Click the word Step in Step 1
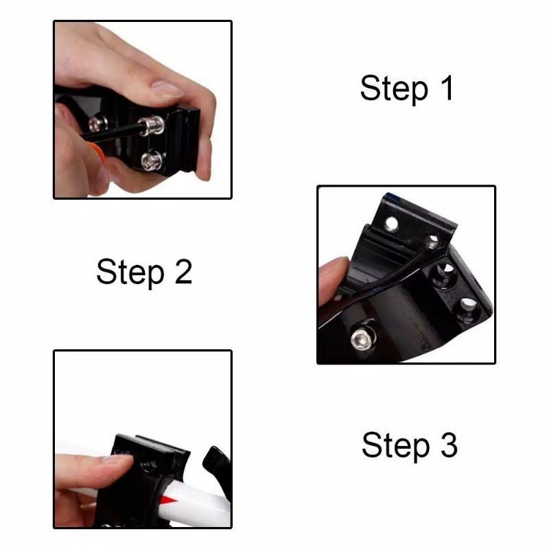(394, 89)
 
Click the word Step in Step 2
(130, 272)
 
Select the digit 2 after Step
(183, 271)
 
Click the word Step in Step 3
(396, 447)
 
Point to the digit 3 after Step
(449, 445)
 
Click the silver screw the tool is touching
(152, 125)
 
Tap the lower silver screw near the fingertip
(152, 161)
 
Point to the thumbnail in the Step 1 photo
(167, 90)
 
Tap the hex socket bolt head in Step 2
(361, 340)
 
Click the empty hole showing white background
(392, 224)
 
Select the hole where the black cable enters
(434, 242)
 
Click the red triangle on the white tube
(170, 500)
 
